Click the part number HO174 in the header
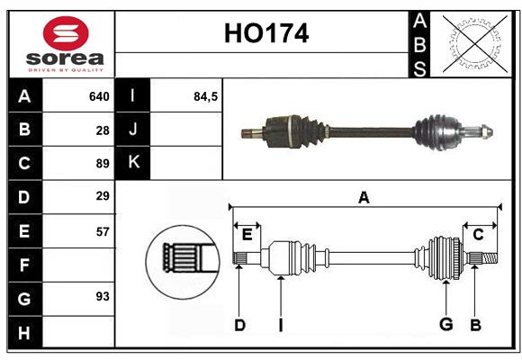[x=265, y=34]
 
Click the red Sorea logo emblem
[x=66, y=35]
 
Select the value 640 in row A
[x=99, y=96]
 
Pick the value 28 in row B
[x=103, y=130]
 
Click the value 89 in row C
[x=103, y=163]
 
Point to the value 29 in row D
[x=103, y=196]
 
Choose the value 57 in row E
[x=103, y=230]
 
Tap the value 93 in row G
[x=103, y=296]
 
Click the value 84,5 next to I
[x=206, y=96]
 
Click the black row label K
[x=133, y=163]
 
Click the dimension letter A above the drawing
[x=364, y=198]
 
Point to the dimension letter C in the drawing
[x=479, y=235]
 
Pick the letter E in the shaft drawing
[x=247, y=235]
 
